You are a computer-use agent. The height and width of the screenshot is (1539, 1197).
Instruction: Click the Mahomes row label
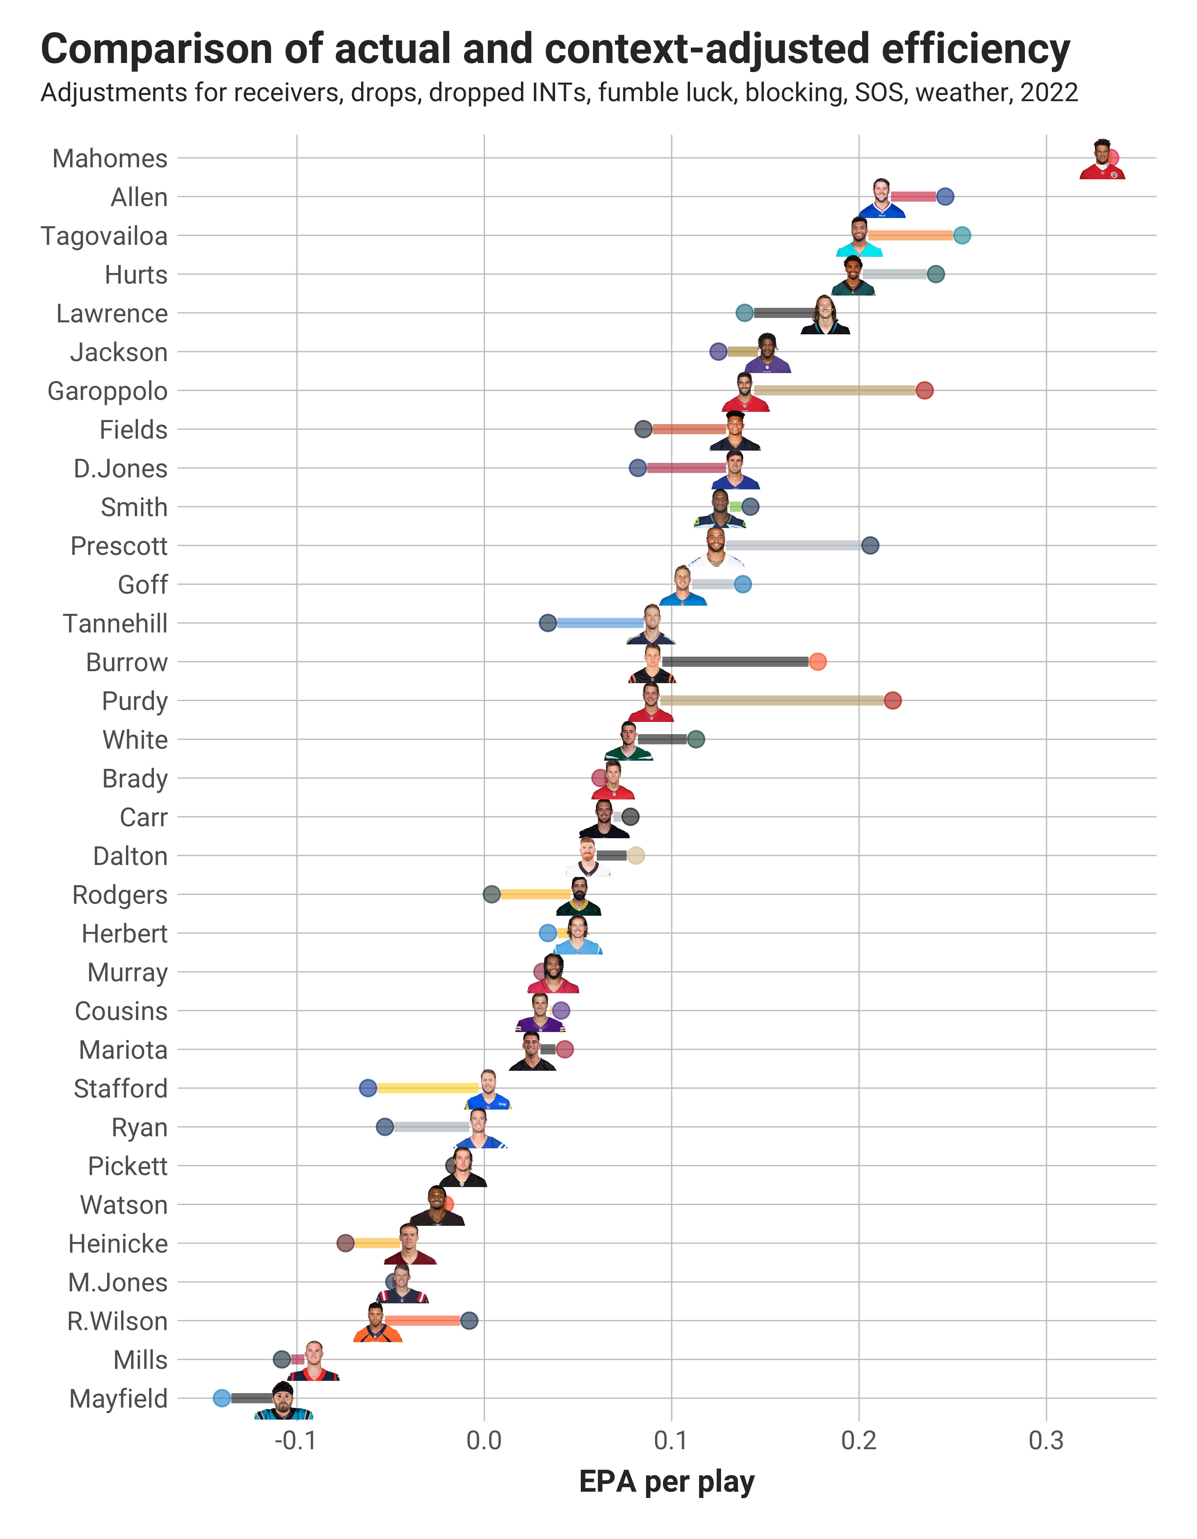point(110,158)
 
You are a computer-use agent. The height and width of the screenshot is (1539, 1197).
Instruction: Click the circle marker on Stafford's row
point(368,1088)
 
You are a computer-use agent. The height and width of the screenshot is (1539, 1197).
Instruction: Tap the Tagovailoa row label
point(104,236)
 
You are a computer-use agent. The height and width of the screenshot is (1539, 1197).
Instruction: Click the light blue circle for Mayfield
point(222,1398)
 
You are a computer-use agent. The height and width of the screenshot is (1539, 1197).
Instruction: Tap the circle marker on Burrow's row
point(817,662)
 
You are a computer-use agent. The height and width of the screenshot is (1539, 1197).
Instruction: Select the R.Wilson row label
point(118,1321)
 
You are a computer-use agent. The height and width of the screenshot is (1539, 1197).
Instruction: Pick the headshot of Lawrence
point(824,315)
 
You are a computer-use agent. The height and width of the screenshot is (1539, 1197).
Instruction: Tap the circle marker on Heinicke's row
point(345,1243)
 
